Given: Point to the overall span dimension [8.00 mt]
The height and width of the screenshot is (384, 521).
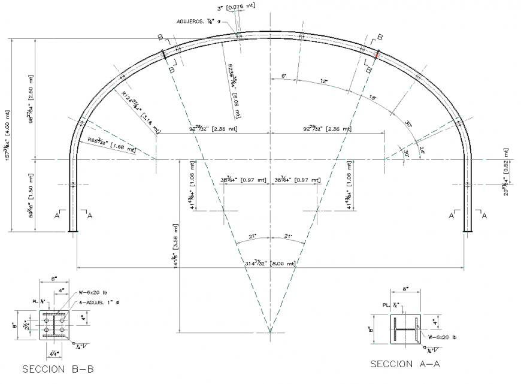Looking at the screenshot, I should (270, 263).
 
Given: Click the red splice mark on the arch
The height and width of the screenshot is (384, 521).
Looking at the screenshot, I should (377, 55).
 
